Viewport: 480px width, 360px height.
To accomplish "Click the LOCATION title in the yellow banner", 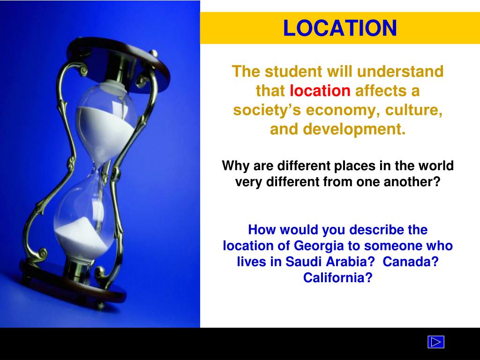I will click(x=340, y=28).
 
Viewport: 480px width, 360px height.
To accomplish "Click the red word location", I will click(x=320, y=91).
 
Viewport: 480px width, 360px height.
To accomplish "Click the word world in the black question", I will click(x=436, y=166).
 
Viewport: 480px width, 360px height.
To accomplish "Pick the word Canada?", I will click(x=410, y=262).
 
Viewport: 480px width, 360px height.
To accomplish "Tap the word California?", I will click(x=337, y=277).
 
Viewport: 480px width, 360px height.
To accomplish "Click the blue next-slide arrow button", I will click(x=435, y=342).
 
